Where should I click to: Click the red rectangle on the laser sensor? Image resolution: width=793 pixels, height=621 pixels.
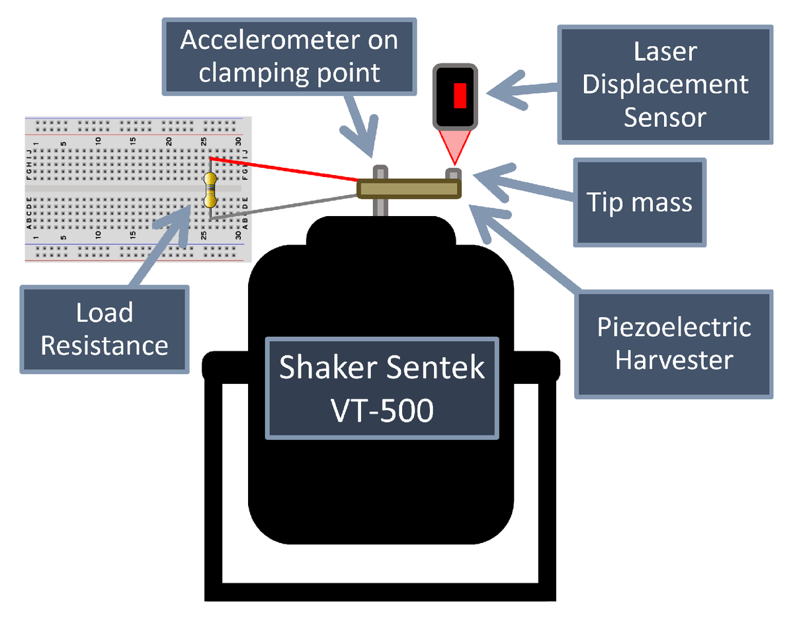coord(460,95)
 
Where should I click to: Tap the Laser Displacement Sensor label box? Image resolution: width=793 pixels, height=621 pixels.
coord(665,85)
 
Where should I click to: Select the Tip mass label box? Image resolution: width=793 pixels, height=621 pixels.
coord(640,201)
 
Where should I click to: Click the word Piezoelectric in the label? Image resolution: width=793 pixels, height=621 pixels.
coord(673,327)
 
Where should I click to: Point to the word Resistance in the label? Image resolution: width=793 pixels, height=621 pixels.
coord(104,345)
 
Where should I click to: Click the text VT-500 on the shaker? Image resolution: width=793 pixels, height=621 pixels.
coord(382,411)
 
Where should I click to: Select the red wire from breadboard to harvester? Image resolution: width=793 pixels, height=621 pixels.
coord(284,170)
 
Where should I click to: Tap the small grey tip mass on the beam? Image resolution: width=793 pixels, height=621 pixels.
coord(453,174)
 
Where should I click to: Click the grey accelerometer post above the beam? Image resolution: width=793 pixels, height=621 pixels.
coord(380,172)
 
